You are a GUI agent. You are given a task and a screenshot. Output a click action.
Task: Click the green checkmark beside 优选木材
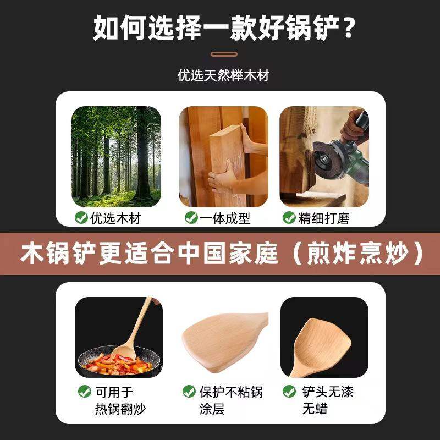point(81,218)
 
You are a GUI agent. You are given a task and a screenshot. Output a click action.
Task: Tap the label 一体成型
point(225,218)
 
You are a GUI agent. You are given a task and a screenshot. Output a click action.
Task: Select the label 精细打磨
point(324,218)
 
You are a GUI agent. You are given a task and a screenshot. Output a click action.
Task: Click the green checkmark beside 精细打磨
point(289,218)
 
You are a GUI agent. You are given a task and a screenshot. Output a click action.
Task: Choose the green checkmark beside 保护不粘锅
point(189,392)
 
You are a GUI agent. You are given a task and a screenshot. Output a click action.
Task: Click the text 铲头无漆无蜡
point(328,400)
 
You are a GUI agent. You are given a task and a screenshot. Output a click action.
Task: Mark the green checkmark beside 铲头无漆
point(289,392)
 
